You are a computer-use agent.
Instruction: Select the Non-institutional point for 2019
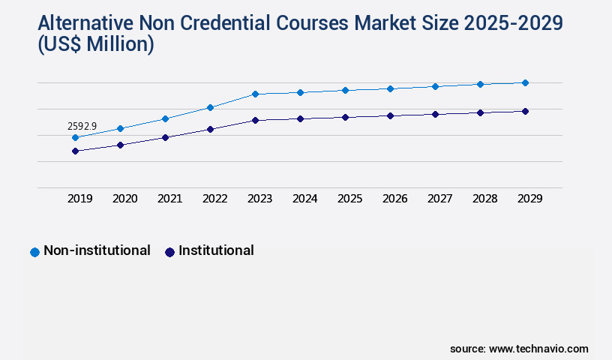point(75,138)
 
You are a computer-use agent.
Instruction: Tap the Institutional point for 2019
point(75,151)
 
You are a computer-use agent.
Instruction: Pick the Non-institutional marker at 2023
point(255,94)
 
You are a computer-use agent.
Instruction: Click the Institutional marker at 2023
point(255,120)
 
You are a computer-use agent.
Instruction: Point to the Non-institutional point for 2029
point(525,82)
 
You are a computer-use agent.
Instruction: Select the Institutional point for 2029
point(525,111)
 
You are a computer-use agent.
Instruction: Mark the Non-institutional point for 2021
point(165,118)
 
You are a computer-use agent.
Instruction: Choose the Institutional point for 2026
point(390,115)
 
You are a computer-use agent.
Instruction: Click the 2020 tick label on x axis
point(125,199)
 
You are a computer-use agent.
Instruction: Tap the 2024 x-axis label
point(305,199)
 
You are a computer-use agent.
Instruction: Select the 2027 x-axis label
point(440,199)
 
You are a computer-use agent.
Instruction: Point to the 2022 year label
point(215,199)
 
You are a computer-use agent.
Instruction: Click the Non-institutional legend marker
point(34,252)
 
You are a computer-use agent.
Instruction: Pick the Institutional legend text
point(216,250)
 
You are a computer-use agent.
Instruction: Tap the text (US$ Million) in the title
point(95,44)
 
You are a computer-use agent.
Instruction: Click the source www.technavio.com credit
point(519,349)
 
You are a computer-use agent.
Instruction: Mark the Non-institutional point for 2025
point(345,90)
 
